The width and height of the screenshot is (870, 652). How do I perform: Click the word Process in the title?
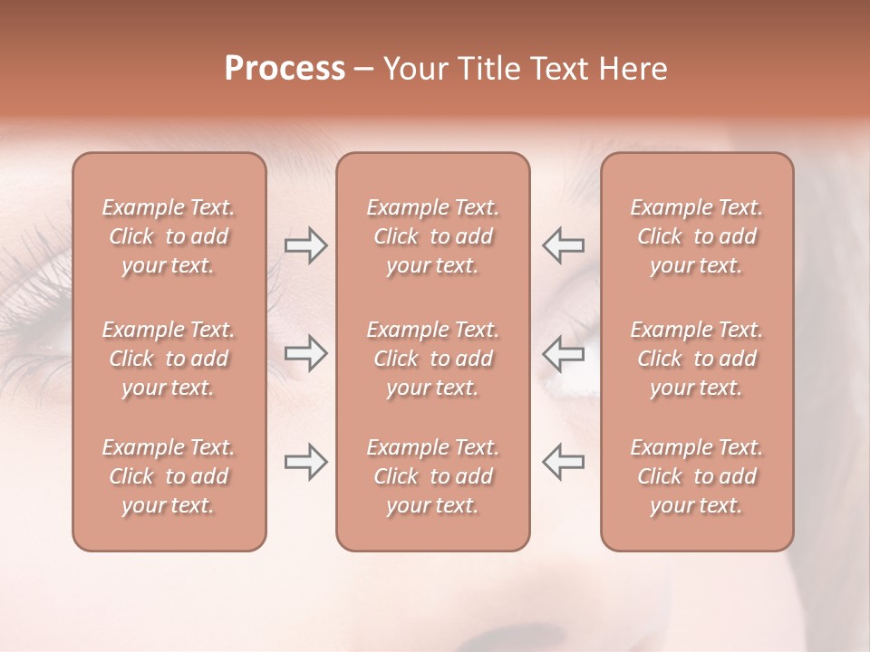click(285, 69)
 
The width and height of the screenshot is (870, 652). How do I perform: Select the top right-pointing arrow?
click(305, 245)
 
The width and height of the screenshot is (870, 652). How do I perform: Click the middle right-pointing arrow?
click(305, 353)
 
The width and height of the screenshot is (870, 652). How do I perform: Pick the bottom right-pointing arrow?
click(305, 462)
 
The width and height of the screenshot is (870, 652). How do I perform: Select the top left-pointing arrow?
click(563, 245)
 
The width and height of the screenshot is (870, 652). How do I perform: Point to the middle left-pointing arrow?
click(563, 353)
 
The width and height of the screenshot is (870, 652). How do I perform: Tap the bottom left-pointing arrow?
click(563, 462)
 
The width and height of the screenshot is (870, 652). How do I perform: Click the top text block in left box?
click(169, 236)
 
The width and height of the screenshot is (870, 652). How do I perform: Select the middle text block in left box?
click(169, 359)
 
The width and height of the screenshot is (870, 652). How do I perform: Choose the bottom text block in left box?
click(169, 476)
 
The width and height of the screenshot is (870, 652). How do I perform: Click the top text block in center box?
click(432, 236)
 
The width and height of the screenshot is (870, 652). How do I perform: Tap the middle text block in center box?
click(432, 359)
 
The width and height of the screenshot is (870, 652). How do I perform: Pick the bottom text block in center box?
click(432, 476)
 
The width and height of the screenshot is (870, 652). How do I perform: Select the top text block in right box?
click(697, 236)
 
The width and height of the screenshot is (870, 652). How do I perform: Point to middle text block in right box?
click(697, 359)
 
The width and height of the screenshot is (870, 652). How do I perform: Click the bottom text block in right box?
click(697, 476)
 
